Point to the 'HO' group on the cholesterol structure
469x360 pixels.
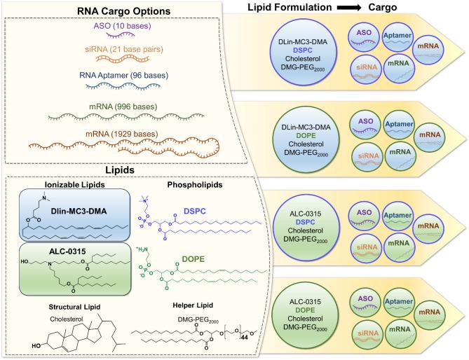click(33, 346)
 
